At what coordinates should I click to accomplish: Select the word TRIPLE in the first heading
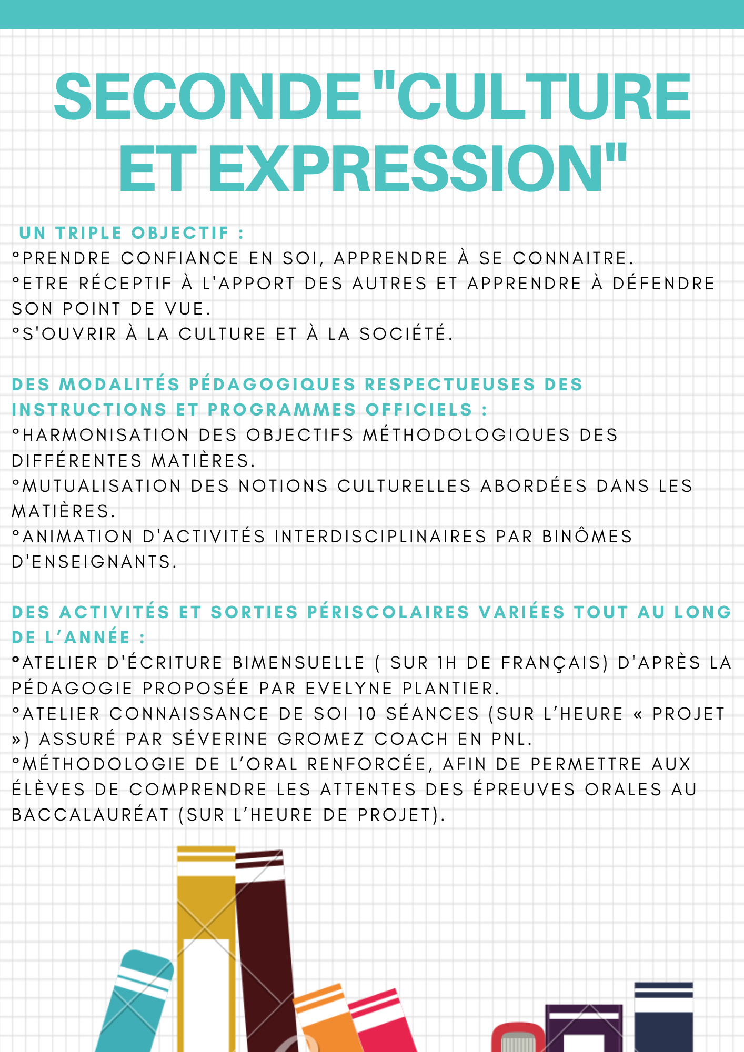[x=89, y=233]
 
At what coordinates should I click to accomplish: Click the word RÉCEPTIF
[x=125, y=284]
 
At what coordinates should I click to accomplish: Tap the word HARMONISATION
[x=106, y=435]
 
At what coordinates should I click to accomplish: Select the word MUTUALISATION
[x=102, y=486]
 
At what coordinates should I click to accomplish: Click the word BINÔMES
[x=587, y=537]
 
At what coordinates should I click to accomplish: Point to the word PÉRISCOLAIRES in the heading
[x=388, y=612]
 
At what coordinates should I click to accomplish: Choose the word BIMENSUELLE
[x=298, y=663]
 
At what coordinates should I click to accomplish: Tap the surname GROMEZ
[x=321, y=739]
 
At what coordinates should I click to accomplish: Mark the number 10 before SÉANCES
[x=367, y=714]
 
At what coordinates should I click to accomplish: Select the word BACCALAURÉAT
[x=90, y=815]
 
